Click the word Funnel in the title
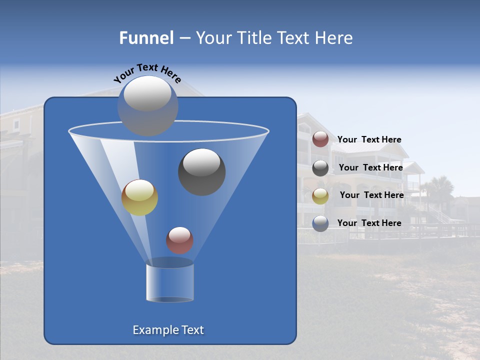pyautogui.click(x=146, y=38)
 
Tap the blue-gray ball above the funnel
pyautogui.click(x=147, y=105)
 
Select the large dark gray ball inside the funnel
pyautogui.click(x=201, y=171)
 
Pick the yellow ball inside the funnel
pyautogui.click(x=139, y=197)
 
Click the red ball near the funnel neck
pyautogui.click(x=179, y=240)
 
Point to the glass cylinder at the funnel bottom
pyautogui.click(x=169, y=280)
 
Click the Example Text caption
pyautogui.click(x=168, y=330)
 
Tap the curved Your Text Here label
pyautogui.click(x=147, y=72)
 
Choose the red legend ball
pyautogui.click(x=320, y=139)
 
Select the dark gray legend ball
pyautogui.click(x=320, y=168)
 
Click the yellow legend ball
pyautogui.click(x=320, y=196)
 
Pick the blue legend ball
pyautogui.click(x=320, y=223)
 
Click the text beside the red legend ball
pyautogui.click(x=369, y=140)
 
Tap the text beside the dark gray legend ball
pyautogui.click(x=370, y=168)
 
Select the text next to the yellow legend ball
pyautogui.click(x=371, y=195)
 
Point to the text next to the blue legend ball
pyautogui.click(x=369, y=223)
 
